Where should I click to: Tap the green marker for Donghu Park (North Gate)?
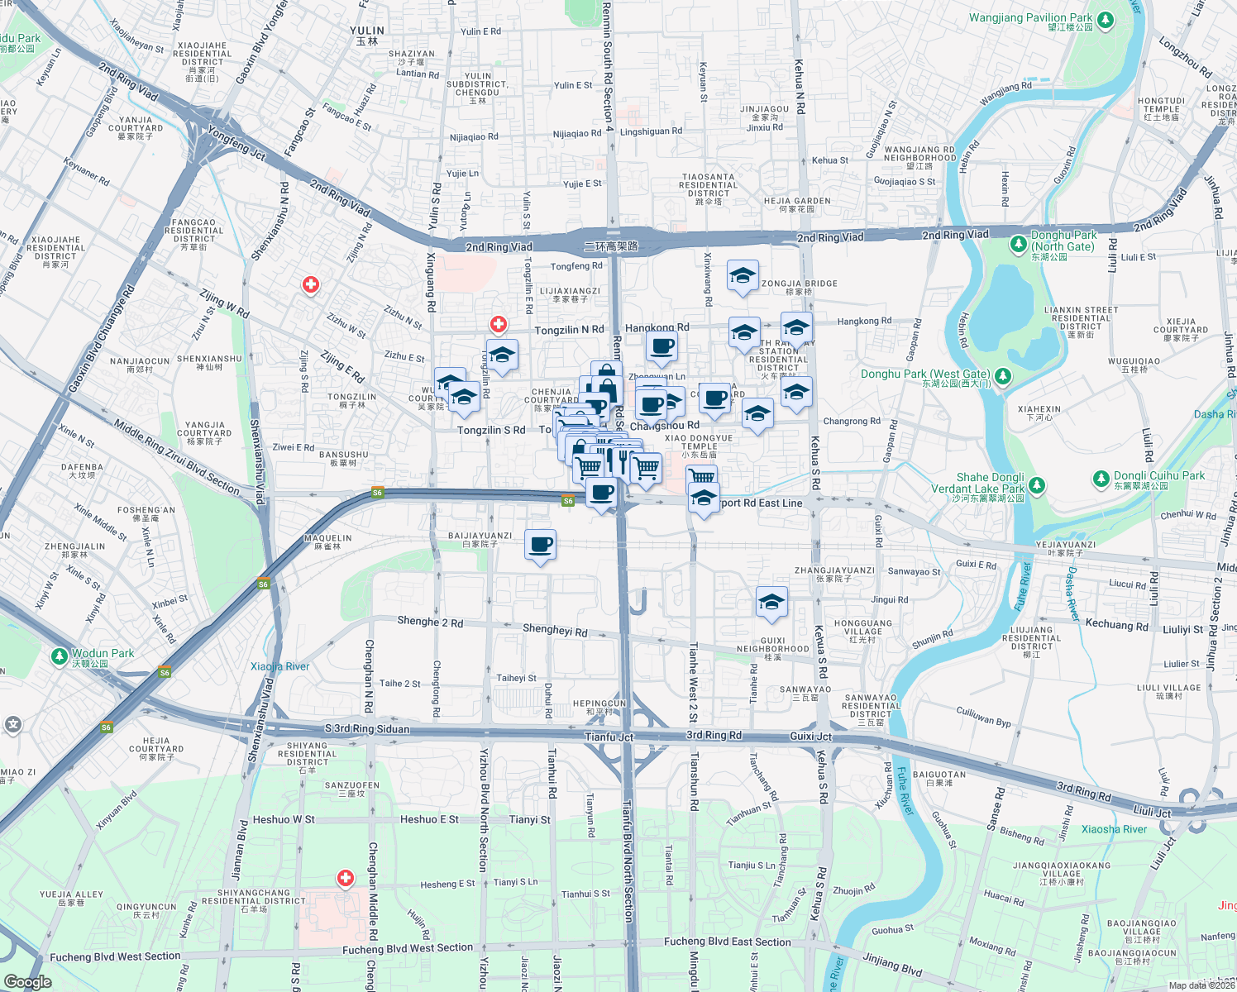(x=1019, y=245)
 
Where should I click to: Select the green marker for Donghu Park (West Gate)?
(x=1003, y=377)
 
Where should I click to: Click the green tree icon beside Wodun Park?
(x=59, y=656)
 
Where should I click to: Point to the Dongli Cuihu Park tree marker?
(x=1101, y=479)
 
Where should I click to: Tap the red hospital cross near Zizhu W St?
(x=311, y=285)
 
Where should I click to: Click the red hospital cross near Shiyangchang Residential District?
(x=346, y=878)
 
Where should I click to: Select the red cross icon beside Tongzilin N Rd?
(x=499, y=325)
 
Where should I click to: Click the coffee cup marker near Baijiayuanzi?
(x=541, y=546)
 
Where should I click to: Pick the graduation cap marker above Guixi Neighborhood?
(x=771, y=602)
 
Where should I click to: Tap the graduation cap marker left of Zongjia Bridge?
(x=743, y=276)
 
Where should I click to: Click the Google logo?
(x=28, y=981)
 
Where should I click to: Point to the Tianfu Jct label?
(x=609, y=737)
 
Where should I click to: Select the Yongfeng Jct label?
(x=236, y=144)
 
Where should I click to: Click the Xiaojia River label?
(x=280, y=666)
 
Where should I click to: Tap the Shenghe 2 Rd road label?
(x=430, y=622)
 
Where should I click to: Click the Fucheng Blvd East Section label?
(x=727, y=942)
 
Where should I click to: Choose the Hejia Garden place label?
(x=797, y=201)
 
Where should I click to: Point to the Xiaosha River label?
(x=1114, y=829)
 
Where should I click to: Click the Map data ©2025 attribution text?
(x=1201, y=985)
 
